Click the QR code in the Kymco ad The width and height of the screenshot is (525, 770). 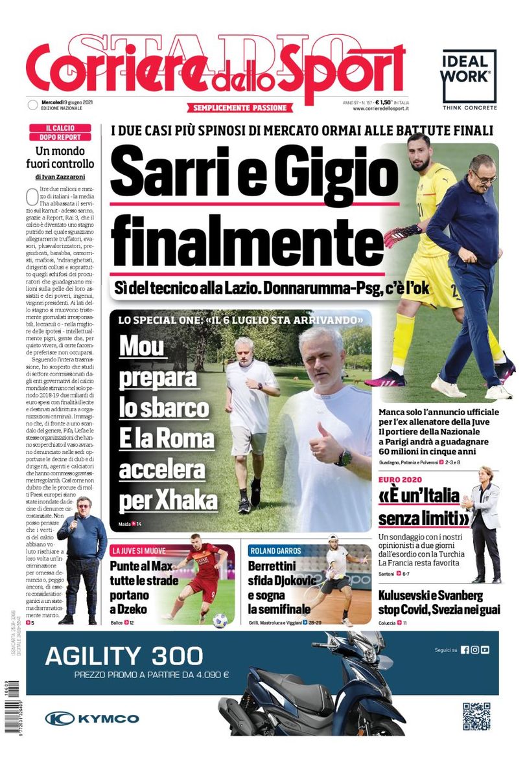click(476, 716)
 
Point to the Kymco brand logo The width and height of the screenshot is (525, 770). click(91, 718)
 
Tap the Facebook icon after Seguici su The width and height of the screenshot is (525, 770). click(465, 650)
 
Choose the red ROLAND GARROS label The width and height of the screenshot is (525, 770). click(275, 551)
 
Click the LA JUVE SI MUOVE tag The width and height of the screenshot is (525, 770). click(139, 551)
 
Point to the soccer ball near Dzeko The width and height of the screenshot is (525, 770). click(220, 620)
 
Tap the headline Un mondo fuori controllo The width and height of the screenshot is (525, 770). click(64, 157)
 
